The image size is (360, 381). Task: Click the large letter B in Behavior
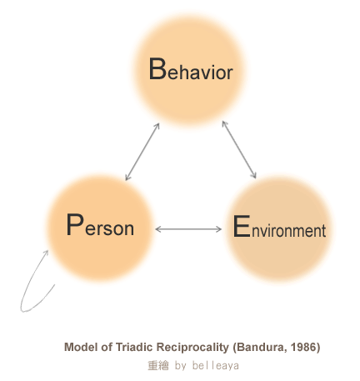click(157, 68)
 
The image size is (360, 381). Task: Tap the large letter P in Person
click(75, 224)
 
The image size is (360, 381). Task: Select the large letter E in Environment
click(242, 227)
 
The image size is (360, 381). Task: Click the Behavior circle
click(189, 70)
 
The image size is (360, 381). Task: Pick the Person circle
click(100, 228)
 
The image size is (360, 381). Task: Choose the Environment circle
click(279, 229)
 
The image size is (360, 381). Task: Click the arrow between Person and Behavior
click(142, 152)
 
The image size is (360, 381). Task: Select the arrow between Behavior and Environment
click(239, 149)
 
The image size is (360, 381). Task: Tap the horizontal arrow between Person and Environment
click(188, 229)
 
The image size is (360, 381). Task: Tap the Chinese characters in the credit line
click(158, 365)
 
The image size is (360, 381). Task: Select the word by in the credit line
click(181, 366)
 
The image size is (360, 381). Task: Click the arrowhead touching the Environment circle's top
click(253, 175)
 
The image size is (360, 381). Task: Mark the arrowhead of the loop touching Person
click(46, 253)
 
